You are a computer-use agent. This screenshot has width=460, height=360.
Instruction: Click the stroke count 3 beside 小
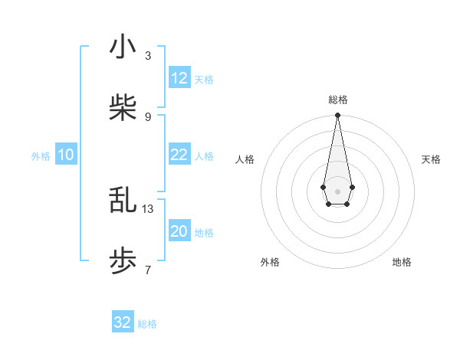148,56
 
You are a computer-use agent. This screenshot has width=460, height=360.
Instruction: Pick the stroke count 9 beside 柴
148,117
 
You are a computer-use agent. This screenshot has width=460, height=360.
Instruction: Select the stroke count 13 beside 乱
148,208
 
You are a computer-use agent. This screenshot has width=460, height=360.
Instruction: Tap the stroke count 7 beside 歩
148,270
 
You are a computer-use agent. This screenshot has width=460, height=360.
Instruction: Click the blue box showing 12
179,78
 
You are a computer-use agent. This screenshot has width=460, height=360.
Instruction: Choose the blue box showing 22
179,155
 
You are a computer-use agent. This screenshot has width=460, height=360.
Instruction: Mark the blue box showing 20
179,231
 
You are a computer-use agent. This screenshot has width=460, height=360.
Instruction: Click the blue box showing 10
66,155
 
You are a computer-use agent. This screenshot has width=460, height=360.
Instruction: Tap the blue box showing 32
123,322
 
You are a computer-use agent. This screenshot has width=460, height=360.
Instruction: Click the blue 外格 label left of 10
41,156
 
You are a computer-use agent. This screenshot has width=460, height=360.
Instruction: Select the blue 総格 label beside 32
147,324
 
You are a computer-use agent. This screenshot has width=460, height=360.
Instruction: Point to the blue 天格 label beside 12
204,80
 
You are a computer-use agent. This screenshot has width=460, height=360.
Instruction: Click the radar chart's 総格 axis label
337,100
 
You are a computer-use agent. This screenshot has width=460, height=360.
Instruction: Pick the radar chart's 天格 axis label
432,159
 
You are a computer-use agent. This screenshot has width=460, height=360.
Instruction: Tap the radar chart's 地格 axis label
402,263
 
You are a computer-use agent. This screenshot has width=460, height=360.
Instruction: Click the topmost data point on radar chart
337,116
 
